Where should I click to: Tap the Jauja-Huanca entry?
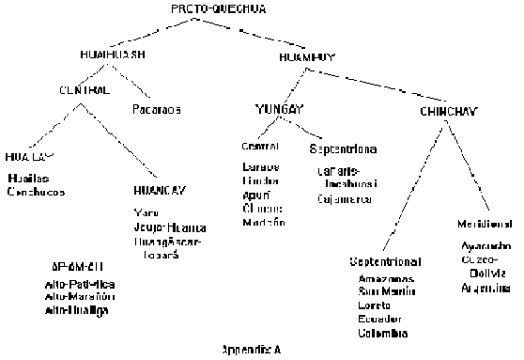pyautogui.click(x=170, y=227)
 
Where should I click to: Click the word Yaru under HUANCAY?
pyautogui.click(x=144, y=212)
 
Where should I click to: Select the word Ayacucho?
pyautogui.click(x=487, y=243)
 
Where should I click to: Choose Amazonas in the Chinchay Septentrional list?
pyautogui.click(x=384, y=279)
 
